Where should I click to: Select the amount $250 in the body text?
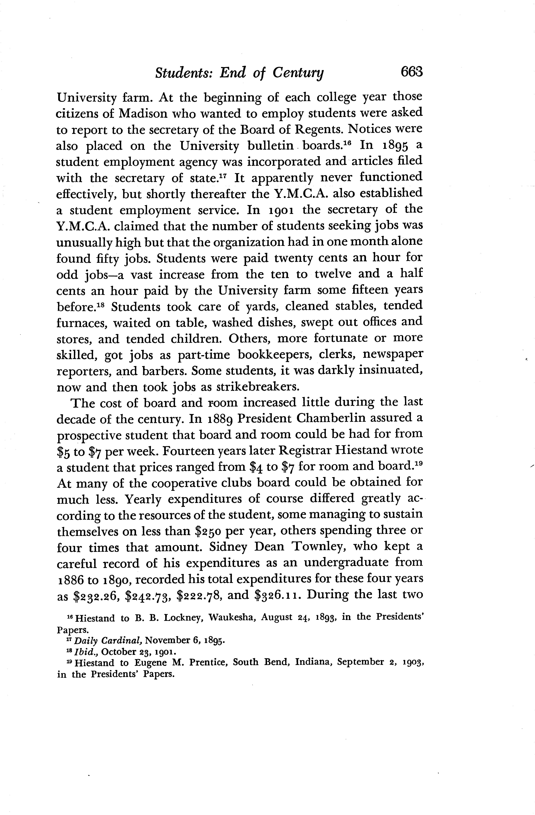pyautogui.click(x=208, y=531)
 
